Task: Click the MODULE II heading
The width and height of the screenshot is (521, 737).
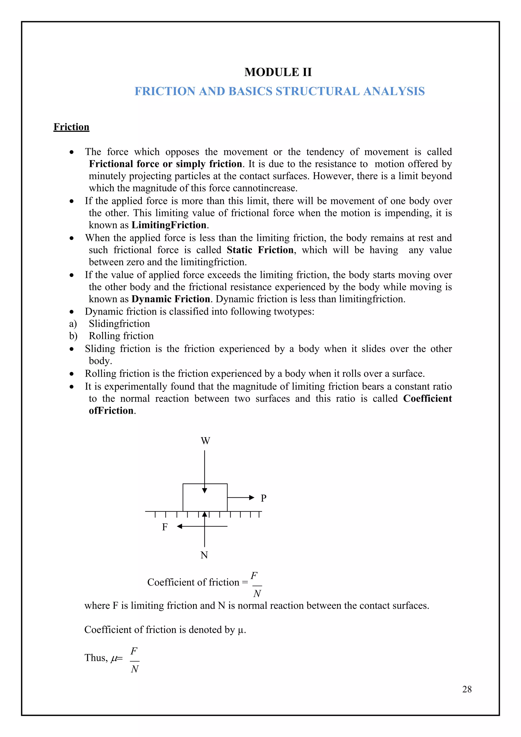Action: click(x=278, y=72)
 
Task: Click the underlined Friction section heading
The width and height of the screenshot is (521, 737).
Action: click(x=71, y=127)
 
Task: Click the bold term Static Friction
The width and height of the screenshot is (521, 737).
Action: click(x=260, y=250)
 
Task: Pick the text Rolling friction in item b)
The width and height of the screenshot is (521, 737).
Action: click(x=121, y=336)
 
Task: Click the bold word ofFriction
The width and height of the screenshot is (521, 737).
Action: click(x=111, y=410)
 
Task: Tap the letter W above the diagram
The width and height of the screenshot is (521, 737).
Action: click(x=205, y=441)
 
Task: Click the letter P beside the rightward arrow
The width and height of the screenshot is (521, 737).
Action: click(x=263, y=498)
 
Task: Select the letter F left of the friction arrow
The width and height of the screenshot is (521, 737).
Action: click(x=165, y=527)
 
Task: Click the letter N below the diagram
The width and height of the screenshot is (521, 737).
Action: click(x=204, y=555)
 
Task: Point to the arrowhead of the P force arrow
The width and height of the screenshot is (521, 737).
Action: click(x=252, y=498)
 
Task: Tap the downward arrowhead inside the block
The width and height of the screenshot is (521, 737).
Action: click(x=205, y=490)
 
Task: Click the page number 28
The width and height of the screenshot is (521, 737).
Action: click(x=467, y=689)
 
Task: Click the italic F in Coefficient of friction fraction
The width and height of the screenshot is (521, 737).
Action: click(x=254, y=576)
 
